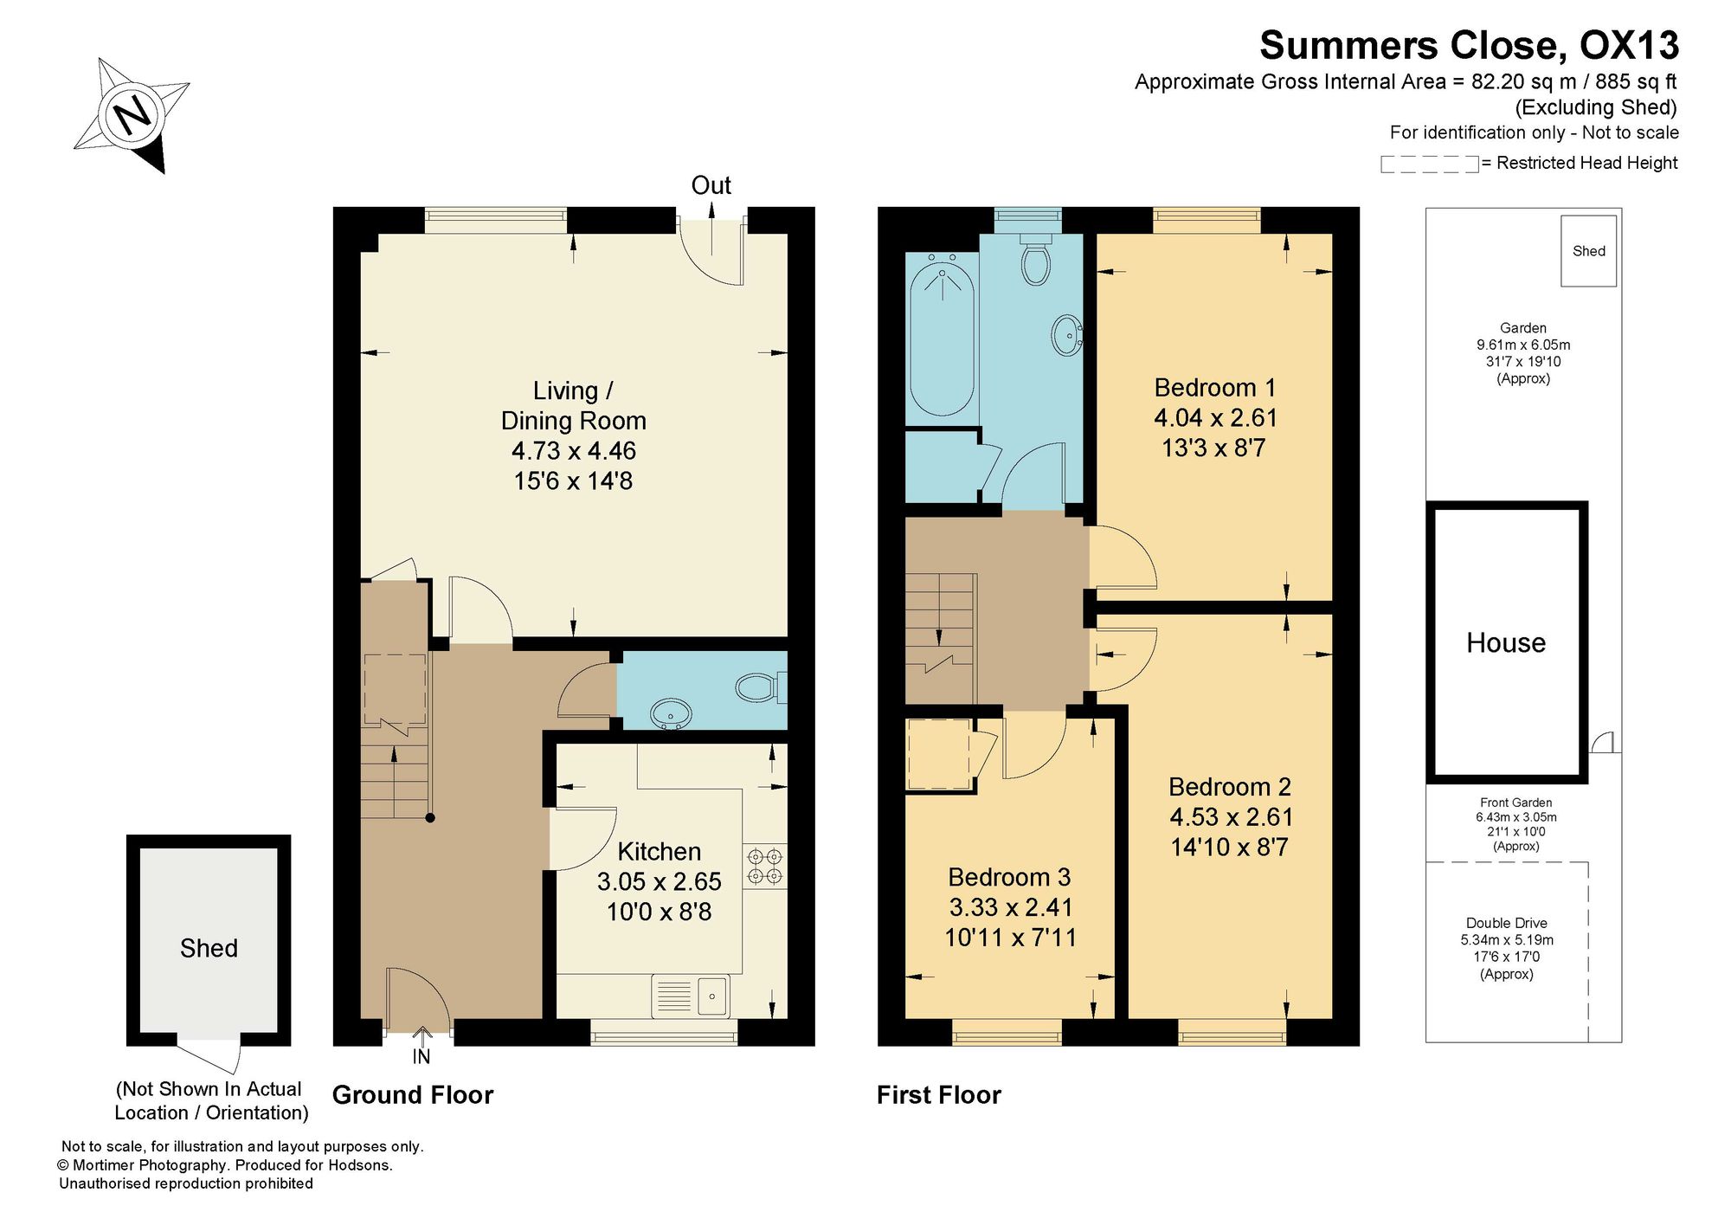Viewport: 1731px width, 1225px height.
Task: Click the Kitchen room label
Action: click(x=659, y=851)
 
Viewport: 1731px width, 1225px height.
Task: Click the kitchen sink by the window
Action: click(x=691, y=996)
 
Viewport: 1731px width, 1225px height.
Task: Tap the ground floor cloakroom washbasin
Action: click(x=671, y=714)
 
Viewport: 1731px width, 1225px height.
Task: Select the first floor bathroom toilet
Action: click(x=1035, y=257)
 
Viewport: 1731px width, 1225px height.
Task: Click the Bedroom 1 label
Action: click(x=1215, y=387)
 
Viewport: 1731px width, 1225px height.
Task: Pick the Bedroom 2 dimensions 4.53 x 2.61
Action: click(x=1231, y=816)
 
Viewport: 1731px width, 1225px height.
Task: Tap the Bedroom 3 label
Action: click(x=1009, y=877)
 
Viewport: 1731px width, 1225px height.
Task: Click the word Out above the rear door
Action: click(x=711, y=185)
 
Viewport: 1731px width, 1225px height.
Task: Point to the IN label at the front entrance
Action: click(x=421, y=1057)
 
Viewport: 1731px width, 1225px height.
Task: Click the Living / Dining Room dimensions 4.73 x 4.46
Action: click(x=573, y=450)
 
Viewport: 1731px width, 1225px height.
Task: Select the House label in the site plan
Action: click(x=1506, y=642)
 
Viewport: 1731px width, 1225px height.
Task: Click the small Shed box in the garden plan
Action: click(x=1588, y=251)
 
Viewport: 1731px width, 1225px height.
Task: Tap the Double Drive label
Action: click(x=1506, y=923)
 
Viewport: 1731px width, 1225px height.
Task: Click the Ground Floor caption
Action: click(x=413, y=1095)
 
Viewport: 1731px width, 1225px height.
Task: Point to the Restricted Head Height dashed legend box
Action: click(x=1429, y=164)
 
